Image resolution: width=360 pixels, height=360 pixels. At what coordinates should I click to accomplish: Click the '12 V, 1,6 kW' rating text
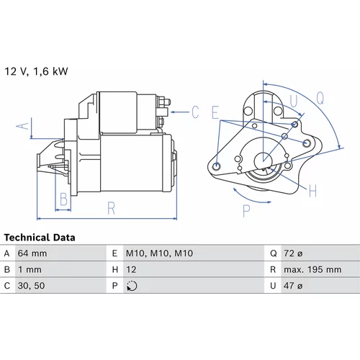coord(36,71)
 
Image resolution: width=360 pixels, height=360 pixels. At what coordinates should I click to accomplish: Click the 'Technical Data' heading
coord(40,238)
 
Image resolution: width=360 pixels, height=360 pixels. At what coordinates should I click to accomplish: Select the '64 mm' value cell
coord(32,253)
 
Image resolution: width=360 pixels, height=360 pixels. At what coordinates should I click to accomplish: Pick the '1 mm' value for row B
coord(30,270)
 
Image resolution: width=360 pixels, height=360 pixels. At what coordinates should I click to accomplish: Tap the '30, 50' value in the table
coord(31,286)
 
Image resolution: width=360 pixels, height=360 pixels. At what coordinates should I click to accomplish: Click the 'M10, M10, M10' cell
coord(159,253)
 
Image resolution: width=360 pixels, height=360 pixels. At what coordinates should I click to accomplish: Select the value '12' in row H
coord(131,270)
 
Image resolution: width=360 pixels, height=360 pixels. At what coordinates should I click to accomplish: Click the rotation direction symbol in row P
coord(132,286)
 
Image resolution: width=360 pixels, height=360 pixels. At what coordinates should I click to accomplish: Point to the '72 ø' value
coord(293,253)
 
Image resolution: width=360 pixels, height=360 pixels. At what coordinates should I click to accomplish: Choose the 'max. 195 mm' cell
coord(312,270)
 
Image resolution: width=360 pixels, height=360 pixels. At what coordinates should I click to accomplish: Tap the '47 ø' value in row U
coord(293,286)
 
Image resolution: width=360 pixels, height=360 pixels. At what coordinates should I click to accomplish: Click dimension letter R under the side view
coord(112,208)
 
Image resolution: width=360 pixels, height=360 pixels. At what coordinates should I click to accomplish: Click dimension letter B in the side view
coord(63,199)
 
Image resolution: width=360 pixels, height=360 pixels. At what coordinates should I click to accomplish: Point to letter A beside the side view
coord(22,126)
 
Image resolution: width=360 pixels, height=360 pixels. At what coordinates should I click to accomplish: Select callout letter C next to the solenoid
coord(195,112)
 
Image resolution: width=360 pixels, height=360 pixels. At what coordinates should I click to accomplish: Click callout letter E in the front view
coord(215,112)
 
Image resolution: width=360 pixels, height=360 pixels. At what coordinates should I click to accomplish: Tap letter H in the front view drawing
coord(312,191)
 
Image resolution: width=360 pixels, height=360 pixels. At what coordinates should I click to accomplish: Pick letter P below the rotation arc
coord(246,211)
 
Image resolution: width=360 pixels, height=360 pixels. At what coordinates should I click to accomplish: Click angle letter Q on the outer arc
coord(320,99)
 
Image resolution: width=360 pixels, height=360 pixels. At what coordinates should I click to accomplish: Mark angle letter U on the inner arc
coord(294,101)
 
